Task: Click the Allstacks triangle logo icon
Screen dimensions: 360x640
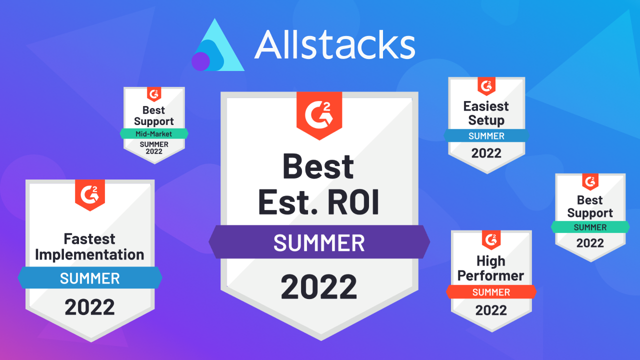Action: (x=218, y=47)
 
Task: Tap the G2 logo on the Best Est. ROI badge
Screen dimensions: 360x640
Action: (x=319, y=114)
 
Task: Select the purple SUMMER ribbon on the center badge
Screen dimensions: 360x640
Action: (x=319, y=243)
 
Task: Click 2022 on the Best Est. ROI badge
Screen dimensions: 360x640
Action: (x=319, y=286)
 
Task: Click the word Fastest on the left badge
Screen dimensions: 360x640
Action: (x=89, y=239)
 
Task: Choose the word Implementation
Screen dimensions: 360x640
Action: (x=89, y=254)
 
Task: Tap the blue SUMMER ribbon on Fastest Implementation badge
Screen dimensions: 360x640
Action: (x=90, y=278)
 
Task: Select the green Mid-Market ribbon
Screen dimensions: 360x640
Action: (x=154, y=133)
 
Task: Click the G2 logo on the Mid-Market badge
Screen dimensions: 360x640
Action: (x=154, y=93)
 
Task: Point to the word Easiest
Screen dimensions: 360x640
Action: (x=486, y=106)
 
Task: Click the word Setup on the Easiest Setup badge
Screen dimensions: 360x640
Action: (x=486, y=120)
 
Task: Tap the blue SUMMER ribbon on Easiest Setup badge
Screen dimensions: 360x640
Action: (x=486, y=135)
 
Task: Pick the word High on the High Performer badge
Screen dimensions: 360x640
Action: (x=491, y=261)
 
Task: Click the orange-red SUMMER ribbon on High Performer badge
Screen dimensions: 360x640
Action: (x=491, y=292)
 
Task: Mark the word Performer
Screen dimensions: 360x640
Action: (x=491, y=275)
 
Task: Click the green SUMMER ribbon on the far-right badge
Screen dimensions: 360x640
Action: (x=590, y=227)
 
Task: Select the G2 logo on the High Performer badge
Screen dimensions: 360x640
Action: (x=491, y=239)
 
